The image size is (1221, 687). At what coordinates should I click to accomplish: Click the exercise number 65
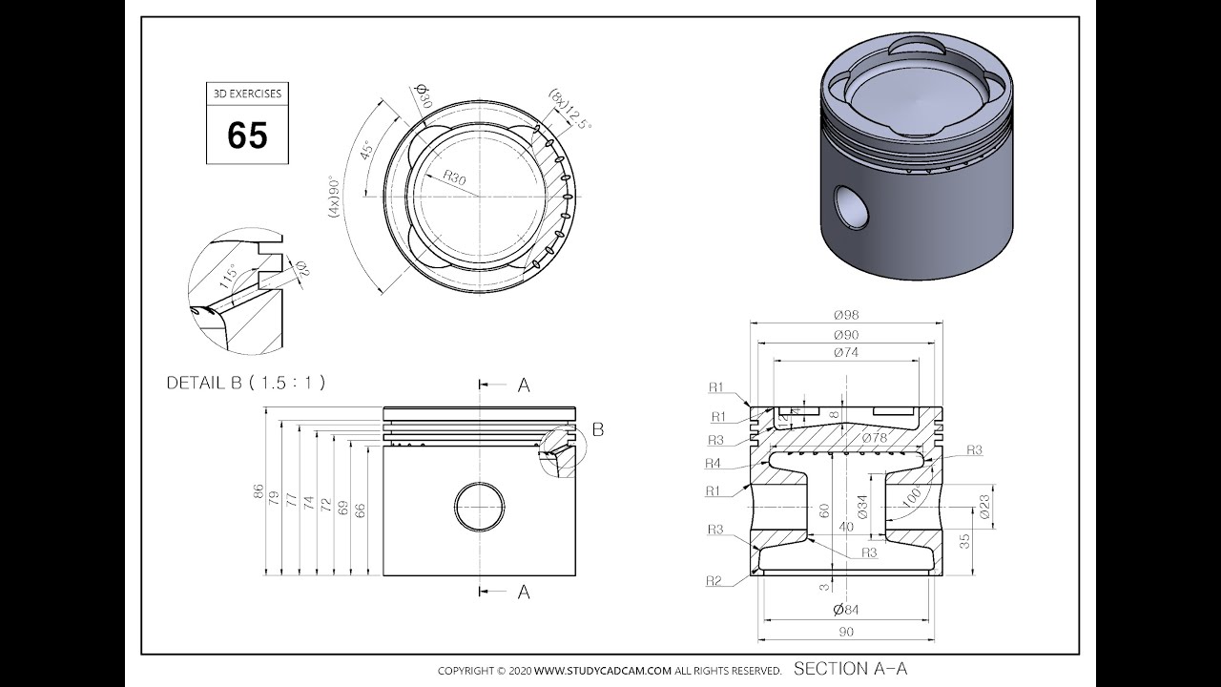247,135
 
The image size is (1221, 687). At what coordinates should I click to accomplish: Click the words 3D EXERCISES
247,94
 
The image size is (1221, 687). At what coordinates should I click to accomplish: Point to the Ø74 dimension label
845,353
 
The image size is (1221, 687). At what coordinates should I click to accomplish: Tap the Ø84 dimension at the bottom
845,610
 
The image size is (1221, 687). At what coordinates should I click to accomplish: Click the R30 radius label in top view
454,178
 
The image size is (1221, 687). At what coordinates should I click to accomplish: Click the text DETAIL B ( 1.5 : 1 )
246,383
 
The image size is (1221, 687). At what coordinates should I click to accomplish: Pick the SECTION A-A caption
850,669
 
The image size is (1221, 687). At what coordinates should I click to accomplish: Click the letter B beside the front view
598,429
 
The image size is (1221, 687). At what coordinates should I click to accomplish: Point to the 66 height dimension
361,510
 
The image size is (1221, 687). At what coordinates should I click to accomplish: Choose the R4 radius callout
713,464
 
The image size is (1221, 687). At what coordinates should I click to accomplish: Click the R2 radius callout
714,580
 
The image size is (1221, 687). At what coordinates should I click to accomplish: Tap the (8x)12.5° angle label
569,110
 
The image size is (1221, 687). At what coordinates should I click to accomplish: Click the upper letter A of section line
523,385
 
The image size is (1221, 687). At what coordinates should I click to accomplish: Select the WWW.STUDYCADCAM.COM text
610,671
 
